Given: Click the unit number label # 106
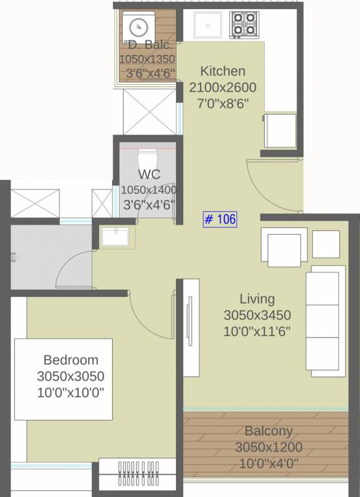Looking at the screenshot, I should (220, 219).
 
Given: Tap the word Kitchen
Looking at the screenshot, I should (222, 71).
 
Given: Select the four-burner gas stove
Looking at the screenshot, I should (243, 25).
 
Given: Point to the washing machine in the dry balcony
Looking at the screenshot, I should (139, 27).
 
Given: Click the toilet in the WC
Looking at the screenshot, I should (148, 159).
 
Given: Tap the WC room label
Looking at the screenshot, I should (148, 175).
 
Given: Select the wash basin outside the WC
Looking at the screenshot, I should (115, 237).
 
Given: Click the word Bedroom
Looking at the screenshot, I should (71, 360).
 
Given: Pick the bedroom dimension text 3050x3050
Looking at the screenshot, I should (71, 376).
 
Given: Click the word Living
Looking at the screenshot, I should (257, 299).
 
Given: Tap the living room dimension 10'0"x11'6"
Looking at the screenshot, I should (257, 331).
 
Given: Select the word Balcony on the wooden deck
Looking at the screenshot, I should (268, 431).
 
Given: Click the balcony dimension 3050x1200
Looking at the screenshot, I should (268, 447).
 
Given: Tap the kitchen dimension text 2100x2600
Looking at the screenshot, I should (222, 87).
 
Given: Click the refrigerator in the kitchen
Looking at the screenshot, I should (280, 131).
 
